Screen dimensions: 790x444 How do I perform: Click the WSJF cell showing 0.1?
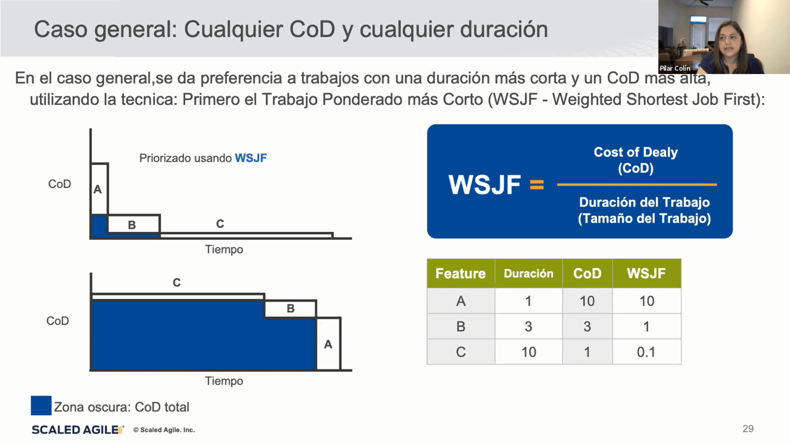(646, 351)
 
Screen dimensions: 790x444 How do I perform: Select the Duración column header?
(528, 273)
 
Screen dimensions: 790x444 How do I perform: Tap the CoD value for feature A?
(587, 301)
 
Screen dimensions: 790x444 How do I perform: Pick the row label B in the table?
(460, 326)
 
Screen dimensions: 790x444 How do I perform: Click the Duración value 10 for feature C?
(528, 351)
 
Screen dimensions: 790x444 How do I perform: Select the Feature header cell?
(460, 273)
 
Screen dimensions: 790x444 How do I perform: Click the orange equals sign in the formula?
(537, 184)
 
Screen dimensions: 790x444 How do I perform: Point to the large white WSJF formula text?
(484, 184)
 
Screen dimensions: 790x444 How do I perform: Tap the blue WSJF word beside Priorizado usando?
(251, 158)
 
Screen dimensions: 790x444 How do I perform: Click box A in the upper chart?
(99, 189)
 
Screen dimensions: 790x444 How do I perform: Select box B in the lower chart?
(290, 309)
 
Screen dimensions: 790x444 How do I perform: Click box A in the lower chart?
(328, 343)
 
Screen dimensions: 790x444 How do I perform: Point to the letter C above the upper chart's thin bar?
(220, 223)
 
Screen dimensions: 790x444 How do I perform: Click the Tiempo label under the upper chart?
(224, 250)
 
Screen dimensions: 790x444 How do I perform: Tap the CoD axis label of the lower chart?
(58, 321)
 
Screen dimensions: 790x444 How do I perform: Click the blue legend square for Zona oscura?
(41, 405)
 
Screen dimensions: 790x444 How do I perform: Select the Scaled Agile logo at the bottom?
(78, 430)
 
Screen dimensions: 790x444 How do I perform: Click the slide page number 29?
(748, 429)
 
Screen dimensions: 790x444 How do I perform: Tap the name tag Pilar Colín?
(675, 68)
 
